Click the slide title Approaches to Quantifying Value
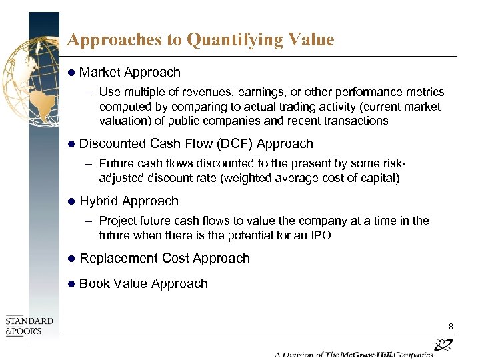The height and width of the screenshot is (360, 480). tap(200, 40)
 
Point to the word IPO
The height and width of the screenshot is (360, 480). tap(319, 235)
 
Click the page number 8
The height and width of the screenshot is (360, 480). tap(451, 326)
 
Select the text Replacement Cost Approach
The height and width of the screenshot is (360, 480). tap(164, 259)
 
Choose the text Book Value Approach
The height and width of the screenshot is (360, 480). tap(143, 284)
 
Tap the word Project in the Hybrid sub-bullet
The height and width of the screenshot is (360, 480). tap(116, 221)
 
